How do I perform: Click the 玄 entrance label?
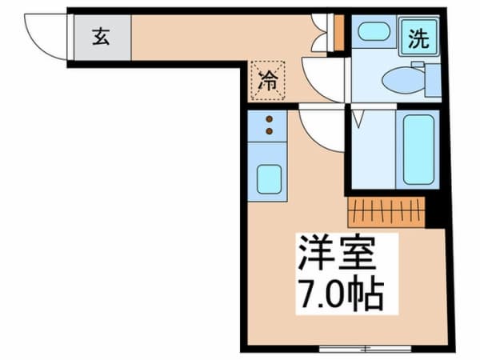point(102,38)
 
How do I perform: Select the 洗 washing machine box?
point(418,39)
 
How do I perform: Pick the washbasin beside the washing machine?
point(372,32)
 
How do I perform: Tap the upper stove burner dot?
point(269,118)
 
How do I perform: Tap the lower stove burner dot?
point(269,130)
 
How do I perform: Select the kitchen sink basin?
point(269,180)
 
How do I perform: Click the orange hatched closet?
point(386,211)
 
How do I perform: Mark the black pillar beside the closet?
point(435,211)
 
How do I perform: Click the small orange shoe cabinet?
point(339,32)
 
